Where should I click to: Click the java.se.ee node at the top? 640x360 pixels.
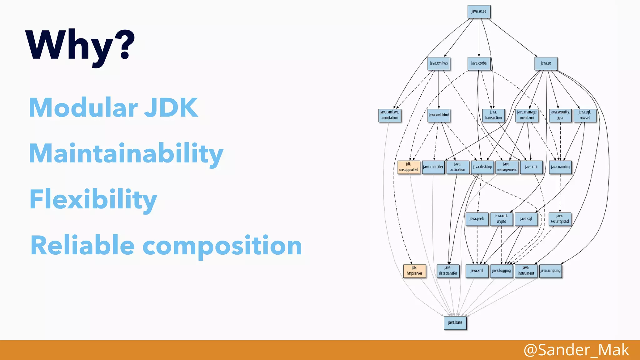(x=479, y=12)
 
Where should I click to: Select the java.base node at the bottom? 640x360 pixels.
(x=455, y=322)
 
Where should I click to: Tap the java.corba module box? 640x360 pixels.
(x=479, y=63)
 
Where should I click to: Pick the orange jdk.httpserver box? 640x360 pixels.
(x=414, y=271)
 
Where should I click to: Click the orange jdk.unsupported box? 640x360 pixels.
(x=409, y=167)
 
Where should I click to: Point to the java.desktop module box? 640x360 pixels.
(x=482, y=167)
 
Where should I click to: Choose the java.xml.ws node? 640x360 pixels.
(x=439, y=63)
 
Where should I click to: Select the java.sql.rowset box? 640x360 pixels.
(x=585, y=115)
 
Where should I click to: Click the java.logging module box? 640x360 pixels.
(x=501, y=271)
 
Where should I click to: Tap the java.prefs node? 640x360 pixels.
(x=477, y=219)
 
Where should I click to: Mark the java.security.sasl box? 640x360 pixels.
(x=560, y=219)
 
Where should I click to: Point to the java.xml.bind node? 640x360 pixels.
(x=439, y=115)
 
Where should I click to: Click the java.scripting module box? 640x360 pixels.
(x=550, y=271)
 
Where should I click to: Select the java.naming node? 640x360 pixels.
(x=560, y=167)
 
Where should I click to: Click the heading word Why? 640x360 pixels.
(x=80, y=45)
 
